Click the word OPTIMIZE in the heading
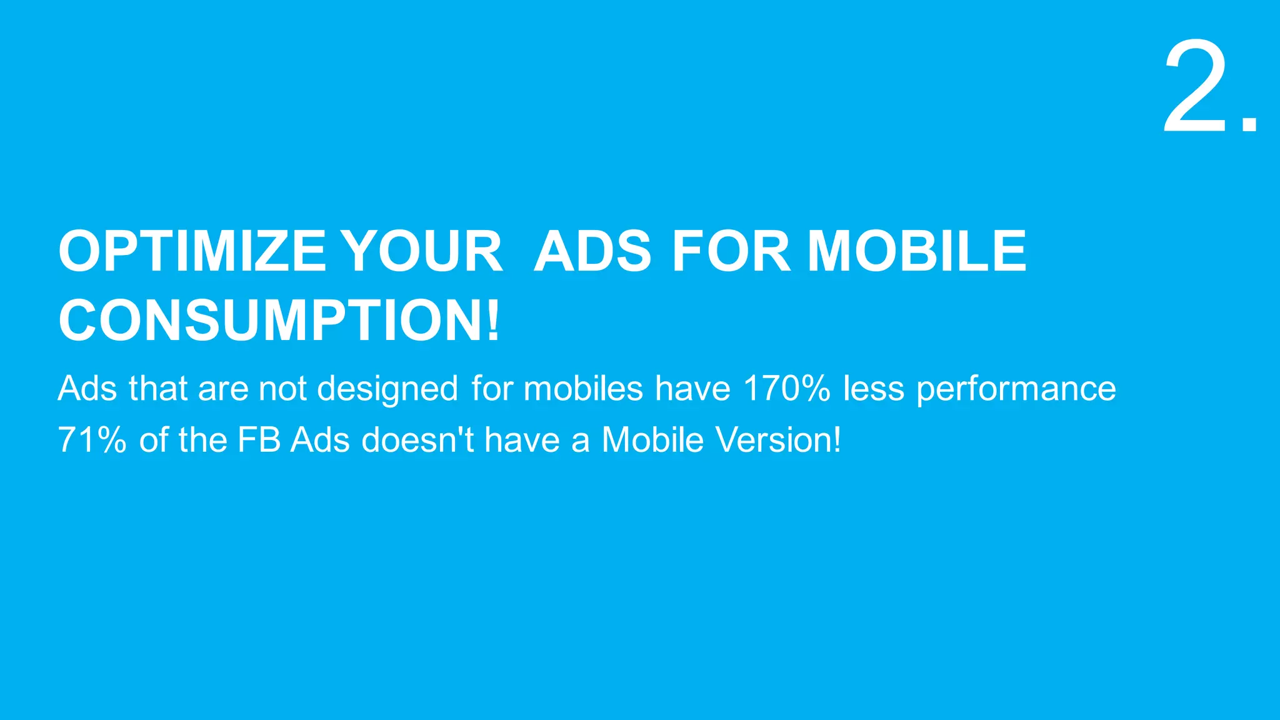click(192, 251)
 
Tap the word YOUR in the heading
click(423, 251)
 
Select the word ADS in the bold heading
click(592, 251)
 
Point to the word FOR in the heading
click(731, 251)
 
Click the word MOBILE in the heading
click(917, 251)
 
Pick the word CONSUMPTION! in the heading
click(279, 321)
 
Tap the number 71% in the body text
click(92, 439)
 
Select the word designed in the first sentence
click(387, 389)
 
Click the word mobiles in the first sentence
click(583, 388)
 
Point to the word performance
click(1016, 389)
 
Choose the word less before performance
click(874, 388)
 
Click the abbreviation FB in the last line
click(259, 439)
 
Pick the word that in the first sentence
click(158, 388)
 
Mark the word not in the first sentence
click(282, 388)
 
